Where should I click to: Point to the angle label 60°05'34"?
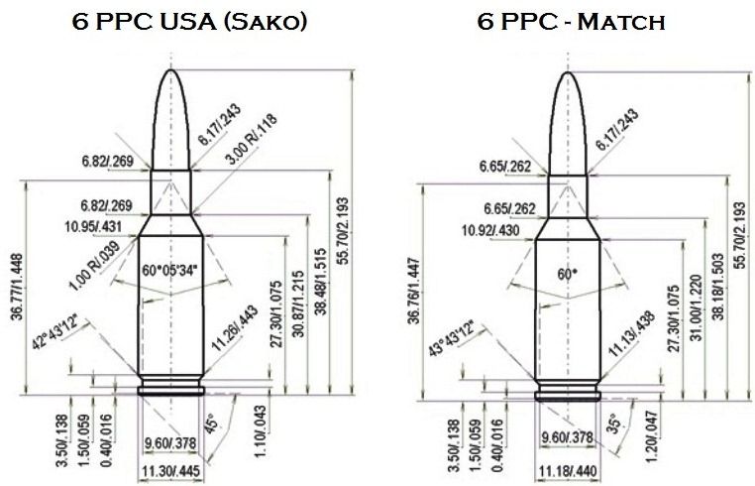coord(169,269)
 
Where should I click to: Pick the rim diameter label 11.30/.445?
coord(169,469)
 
